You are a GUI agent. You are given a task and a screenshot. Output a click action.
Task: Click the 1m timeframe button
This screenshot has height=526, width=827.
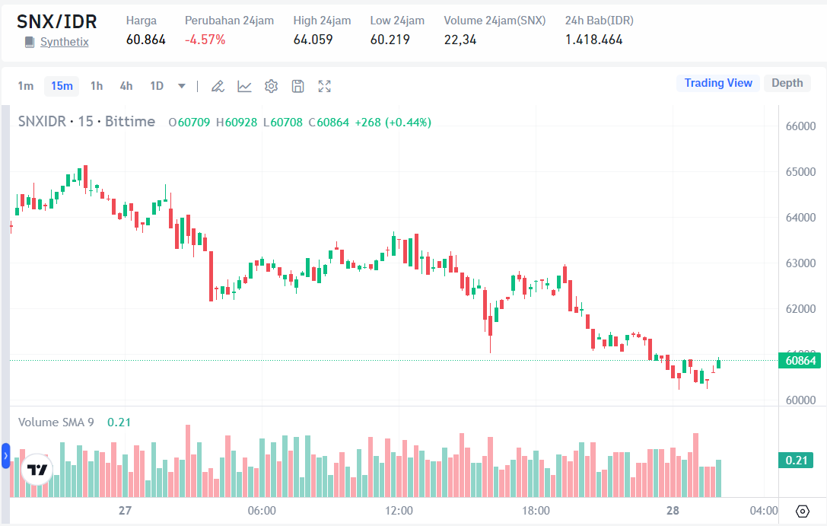(x=26, y=86)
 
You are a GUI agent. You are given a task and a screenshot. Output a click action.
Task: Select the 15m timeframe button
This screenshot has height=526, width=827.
(x=62, y=86)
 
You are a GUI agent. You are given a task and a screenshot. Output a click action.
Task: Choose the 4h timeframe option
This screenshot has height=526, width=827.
(x=126, y=86)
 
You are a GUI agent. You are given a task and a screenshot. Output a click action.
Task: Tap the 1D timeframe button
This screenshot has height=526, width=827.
(x=157, y=86)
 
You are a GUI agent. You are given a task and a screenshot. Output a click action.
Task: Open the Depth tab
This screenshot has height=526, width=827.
(x=787, y=83)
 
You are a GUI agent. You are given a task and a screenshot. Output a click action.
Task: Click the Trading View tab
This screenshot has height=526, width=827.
(x=717, y=83)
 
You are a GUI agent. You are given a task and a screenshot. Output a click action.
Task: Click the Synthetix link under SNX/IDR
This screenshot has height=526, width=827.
(x=64, y=42)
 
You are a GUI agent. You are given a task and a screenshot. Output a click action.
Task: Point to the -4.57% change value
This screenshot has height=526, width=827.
(x=205, y=40)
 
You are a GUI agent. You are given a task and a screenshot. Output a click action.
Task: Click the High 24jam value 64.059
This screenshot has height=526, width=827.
(x=313, y=40)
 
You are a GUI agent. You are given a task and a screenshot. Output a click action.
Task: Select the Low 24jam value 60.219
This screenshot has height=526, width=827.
(x=390, y=40)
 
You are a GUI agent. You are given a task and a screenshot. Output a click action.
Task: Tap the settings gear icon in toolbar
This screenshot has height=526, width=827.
(x=271, y=86)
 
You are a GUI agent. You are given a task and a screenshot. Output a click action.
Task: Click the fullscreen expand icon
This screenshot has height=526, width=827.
(x=324, y=86)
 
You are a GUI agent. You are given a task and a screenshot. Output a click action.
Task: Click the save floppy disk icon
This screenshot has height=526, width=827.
(x=297, y=86)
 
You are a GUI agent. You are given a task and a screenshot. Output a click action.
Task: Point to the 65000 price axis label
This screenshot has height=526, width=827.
(x=800, y=172)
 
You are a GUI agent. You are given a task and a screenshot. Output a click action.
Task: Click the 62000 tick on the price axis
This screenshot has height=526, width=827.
(x=800, y=309)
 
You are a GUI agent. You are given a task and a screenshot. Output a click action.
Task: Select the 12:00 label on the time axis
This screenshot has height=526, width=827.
(x=399, y=510)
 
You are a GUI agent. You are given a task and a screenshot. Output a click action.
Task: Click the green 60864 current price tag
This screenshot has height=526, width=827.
(x=798, y=360)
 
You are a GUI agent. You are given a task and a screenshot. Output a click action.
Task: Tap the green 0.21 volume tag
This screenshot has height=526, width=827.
(x=796, y=460)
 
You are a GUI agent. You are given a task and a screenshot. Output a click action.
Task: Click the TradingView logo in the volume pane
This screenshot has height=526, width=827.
(x=37, y=470)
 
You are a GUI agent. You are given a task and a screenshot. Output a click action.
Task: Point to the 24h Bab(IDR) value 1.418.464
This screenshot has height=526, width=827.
(x=593, y=40)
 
